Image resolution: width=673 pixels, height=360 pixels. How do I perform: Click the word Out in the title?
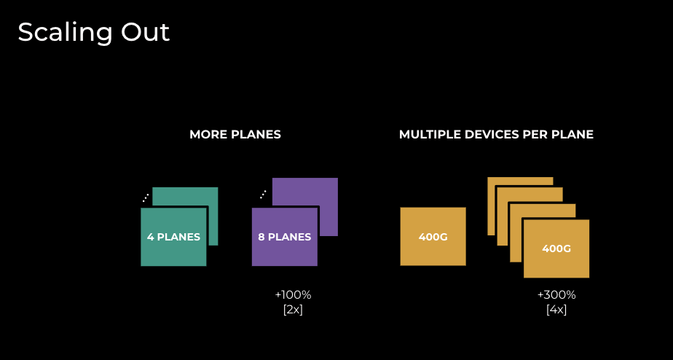tap(145, 32)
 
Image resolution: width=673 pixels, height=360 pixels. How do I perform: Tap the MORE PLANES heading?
tap(235, 135)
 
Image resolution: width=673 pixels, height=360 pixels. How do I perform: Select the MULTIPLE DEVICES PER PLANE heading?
tap(496, 135)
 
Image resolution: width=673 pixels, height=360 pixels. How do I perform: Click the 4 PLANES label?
tap(173, 237)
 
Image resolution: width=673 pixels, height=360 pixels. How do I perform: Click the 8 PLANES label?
tap(285, 237)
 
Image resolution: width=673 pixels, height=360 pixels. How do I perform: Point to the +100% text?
tap(293, 295)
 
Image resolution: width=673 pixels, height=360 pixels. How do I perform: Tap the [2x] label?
tap(293, 309)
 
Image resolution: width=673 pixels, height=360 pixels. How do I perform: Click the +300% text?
tap(556, 295)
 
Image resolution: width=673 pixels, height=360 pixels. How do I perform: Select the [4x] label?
tap(556, 309)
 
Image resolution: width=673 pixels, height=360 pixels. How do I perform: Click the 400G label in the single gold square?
tap(433, 237)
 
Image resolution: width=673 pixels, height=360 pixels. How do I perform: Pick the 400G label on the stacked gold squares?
tap(556, 249)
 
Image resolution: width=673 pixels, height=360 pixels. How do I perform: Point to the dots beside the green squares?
tap(146, 197)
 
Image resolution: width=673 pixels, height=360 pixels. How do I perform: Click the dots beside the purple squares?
tap(263, 195)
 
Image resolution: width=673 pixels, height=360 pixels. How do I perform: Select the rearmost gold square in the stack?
tap(520, 181)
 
